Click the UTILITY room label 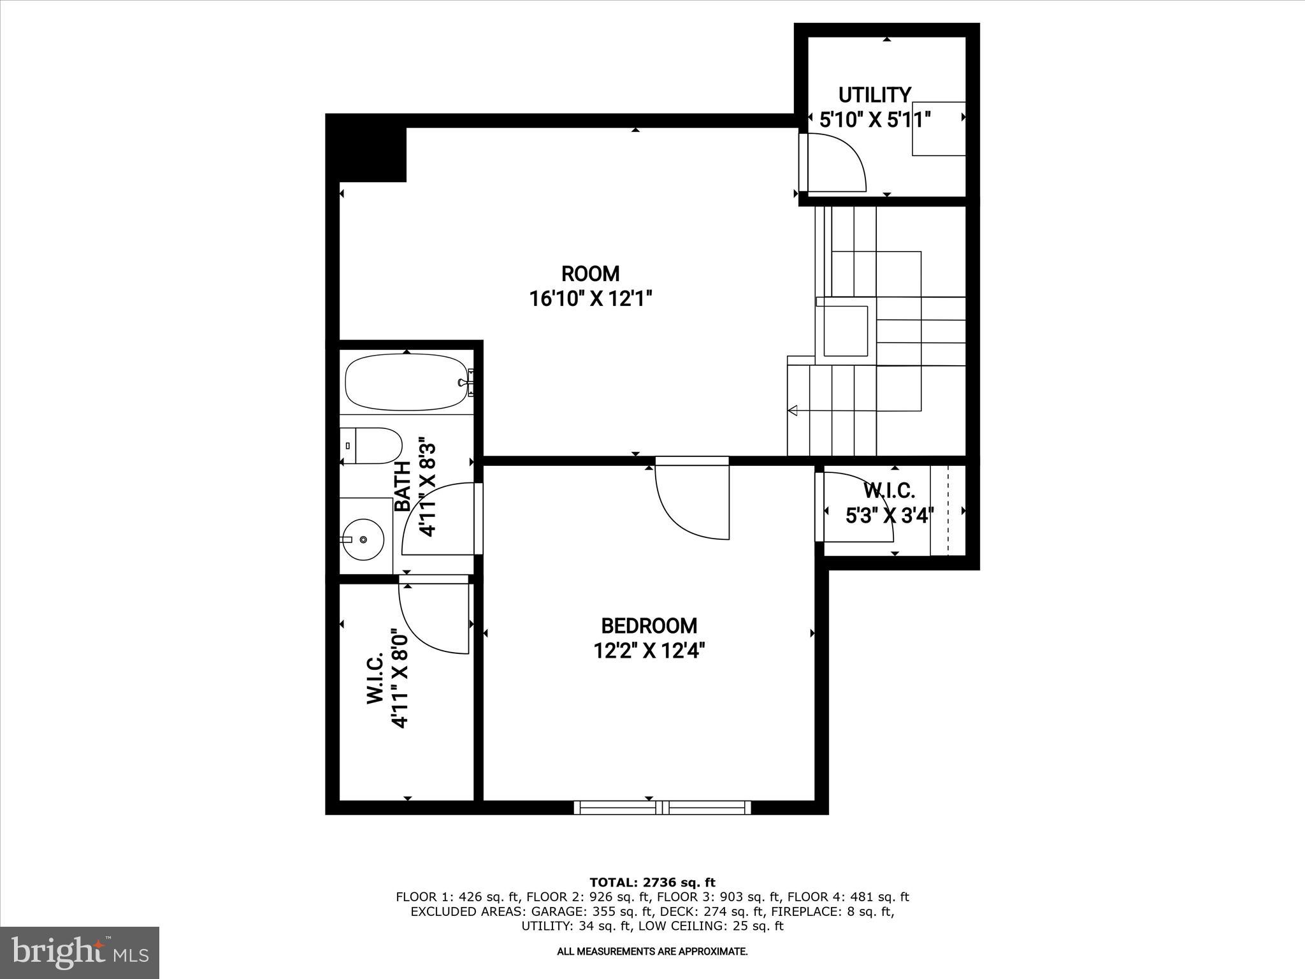click(874, 95)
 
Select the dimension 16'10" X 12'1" click(591, 298)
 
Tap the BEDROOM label click(649, 625)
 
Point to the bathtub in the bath click(406, 382)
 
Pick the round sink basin click(363, 539)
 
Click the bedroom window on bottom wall click(663, 808)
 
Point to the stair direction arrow click(793, 410)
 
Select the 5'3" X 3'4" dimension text click(890, 515)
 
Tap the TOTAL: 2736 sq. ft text click(652, 882)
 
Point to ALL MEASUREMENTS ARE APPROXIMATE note click(652, 952)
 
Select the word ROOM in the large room click(590, 273)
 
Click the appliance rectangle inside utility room click(938, 128)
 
